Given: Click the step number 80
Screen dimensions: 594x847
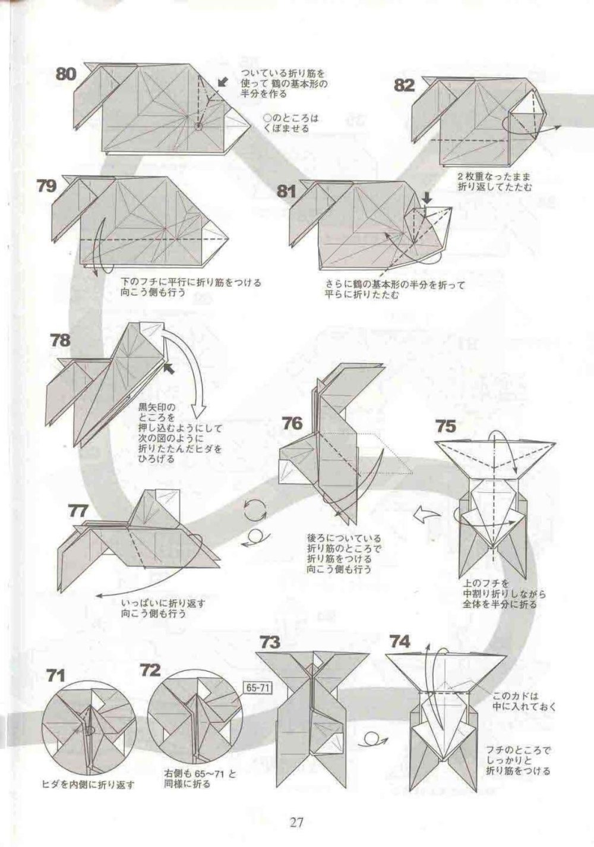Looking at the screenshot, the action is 66,74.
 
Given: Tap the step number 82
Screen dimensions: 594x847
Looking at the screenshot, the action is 405,86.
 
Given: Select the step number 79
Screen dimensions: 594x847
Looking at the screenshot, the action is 46,186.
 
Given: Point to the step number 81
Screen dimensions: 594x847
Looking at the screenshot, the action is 286,192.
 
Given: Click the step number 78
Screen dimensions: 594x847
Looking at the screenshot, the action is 61,341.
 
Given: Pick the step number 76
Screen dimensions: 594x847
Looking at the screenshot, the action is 292,423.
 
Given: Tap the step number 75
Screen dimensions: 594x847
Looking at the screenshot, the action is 445,426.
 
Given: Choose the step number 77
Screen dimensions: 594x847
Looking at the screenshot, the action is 78,511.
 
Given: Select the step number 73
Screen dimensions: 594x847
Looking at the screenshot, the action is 270,643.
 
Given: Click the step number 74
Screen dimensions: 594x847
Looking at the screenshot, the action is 399,642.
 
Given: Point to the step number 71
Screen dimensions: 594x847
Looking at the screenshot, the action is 55,675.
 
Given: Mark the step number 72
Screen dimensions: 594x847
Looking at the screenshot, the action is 150,670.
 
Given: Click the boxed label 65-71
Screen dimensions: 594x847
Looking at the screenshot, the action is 258,687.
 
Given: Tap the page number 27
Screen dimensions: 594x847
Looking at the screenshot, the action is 296,820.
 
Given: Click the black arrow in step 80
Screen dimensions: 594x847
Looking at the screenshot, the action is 223,83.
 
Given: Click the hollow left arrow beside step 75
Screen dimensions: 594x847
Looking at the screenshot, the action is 426,515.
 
